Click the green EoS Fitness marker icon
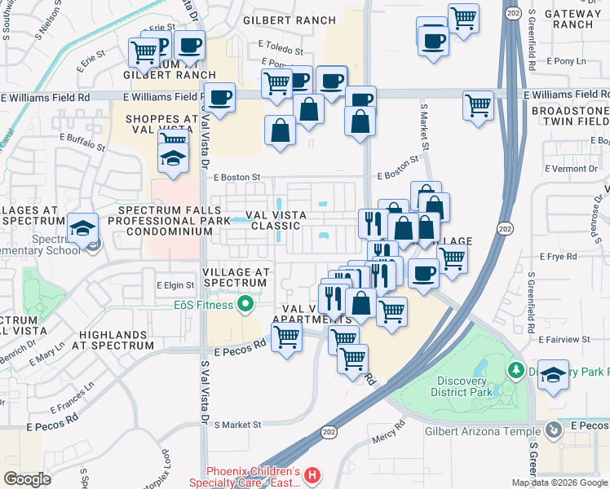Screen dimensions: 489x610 pos(244,306)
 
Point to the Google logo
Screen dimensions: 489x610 pos(27,479)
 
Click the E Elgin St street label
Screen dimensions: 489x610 pos(175,286)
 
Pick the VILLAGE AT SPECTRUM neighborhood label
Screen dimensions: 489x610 pos(234,277)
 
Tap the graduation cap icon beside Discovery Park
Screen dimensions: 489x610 pos(554,375)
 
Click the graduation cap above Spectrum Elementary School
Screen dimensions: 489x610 pos(82,229)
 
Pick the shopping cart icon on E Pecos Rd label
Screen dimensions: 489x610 pos(286,337)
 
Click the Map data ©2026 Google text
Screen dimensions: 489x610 pos(558,482)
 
